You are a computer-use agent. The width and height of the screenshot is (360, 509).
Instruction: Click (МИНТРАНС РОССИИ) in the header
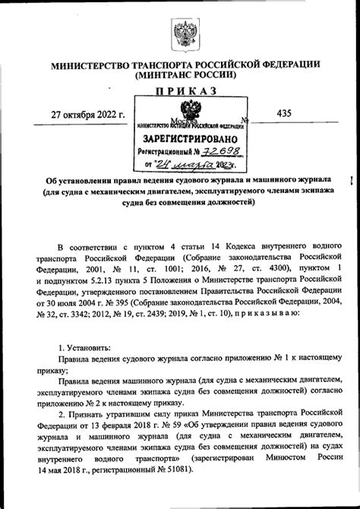[185, 75]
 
